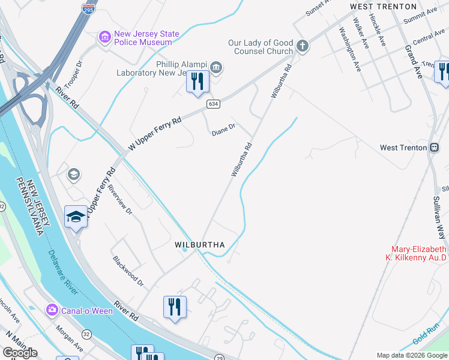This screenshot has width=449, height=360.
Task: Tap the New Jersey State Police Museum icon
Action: [105, 38]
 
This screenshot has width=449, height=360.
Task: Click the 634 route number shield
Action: [212, 104]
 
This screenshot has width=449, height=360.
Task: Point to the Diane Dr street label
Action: [224, 129]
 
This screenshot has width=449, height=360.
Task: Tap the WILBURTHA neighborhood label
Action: [199, 245]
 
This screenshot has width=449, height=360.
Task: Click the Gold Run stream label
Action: [426, 337]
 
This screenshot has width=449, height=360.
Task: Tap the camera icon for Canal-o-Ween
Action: [52, 310]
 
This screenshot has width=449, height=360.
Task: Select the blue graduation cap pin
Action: [76, 217]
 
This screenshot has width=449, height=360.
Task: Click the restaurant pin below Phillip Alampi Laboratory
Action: [197, 82]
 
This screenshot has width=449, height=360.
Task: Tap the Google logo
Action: [20, 353]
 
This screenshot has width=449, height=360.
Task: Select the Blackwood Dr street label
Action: [128, 271]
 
